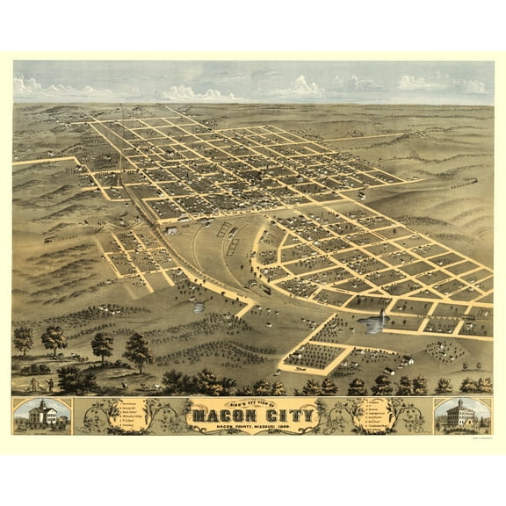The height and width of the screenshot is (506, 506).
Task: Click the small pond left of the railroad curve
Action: pos(199,307)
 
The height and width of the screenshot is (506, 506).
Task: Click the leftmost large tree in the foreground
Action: pos(23,338)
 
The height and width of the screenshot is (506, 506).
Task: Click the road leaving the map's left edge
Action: pos(26,162)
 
